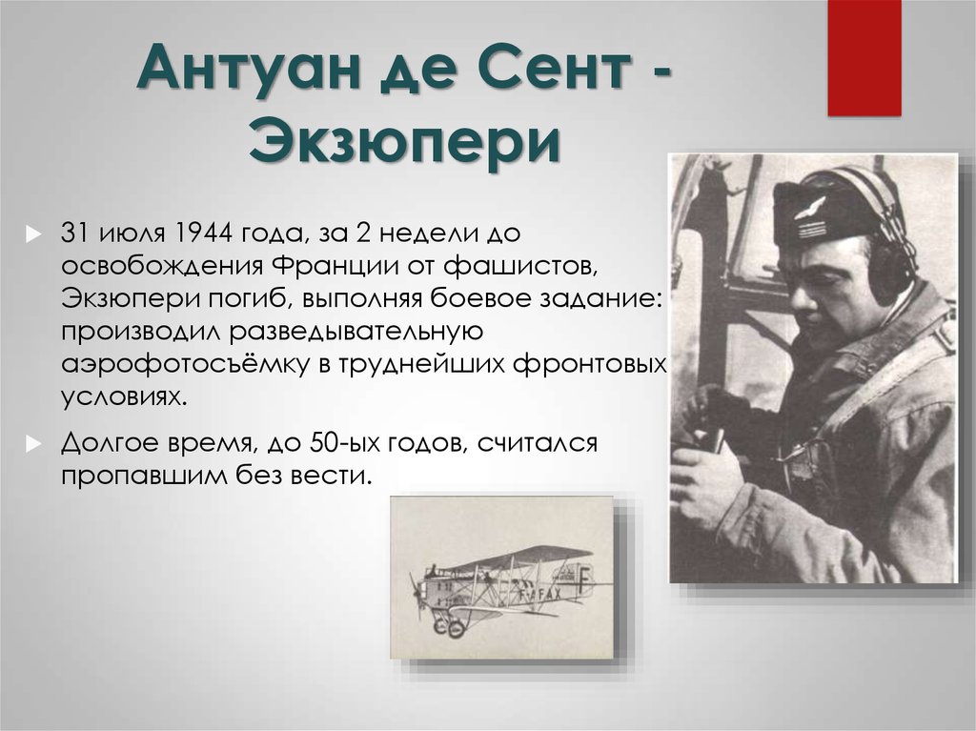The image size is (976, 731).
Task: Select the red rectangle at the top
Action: coord(864,58)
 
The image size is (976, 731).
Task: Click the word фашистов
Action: coord(520,266)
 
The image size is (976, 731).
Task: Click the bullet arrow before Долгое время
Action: coord(33,444)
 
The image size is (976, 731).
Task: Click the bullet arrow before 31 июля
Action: coord(33,234)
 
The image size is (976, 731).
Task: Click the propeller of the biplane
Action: coord(416,595)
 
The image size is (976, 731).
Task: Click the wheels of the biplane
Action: coord(448,627)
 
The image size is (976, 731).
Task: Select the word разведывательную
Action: coord(356,332)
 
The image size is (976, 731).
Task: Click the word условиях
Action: coord(124,397)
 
